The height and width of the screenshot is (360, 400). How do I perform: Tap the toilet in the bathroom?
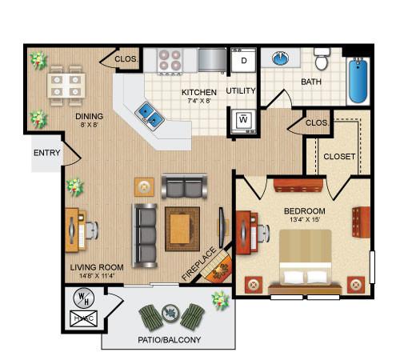pos(322,62)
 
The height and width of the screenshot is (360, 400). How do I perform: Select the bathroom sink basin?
pos(281,59)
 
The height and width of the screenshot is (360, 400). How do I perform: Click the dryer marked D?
pos(242,62)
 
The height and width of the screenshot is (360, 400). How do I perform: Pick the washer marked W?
pos(242,121)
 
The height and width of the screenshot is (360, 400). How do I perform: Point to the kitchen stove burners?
pos(169,60)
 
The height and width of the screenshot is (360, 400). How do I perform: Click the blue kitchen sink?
pos(148,114)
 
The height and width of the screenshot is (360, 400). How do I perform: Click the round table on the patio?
pos(170,313)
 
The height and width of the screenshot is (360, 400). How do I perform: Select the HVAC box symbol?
pos(82,318)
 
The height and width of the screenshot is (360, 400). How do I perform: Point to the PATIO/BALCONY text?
pos(169,340)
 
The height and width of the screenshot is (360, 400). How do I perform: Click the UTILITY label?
pos(241,90)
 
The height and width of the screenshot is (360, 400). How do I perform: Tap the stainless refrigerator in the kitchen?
pos(211,60)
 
